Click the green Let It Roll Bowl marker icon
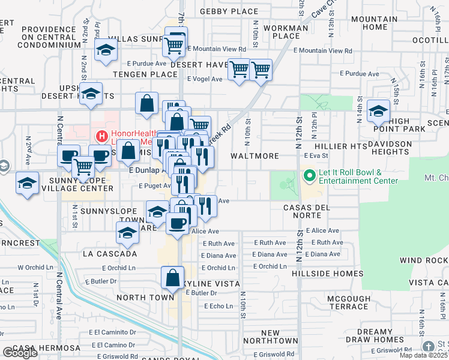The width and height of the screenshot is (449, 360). point(309,176)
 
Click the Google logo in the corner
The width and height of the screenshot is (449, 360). point(20,353)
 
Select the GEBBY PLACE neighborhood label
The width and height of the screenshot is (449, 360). point(229,11)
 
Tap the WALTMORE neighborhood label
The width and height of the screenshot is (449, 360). point(255,156)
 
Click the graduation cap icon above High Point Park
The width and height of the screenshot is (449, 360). point(379,110)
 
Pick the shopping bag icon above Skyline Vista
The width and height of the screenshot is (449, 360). point(172,278)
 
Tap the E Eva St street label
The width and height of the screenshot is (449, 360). point(317,155)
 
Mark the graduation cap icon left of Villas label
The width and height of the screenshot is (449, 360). point(106,50)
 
